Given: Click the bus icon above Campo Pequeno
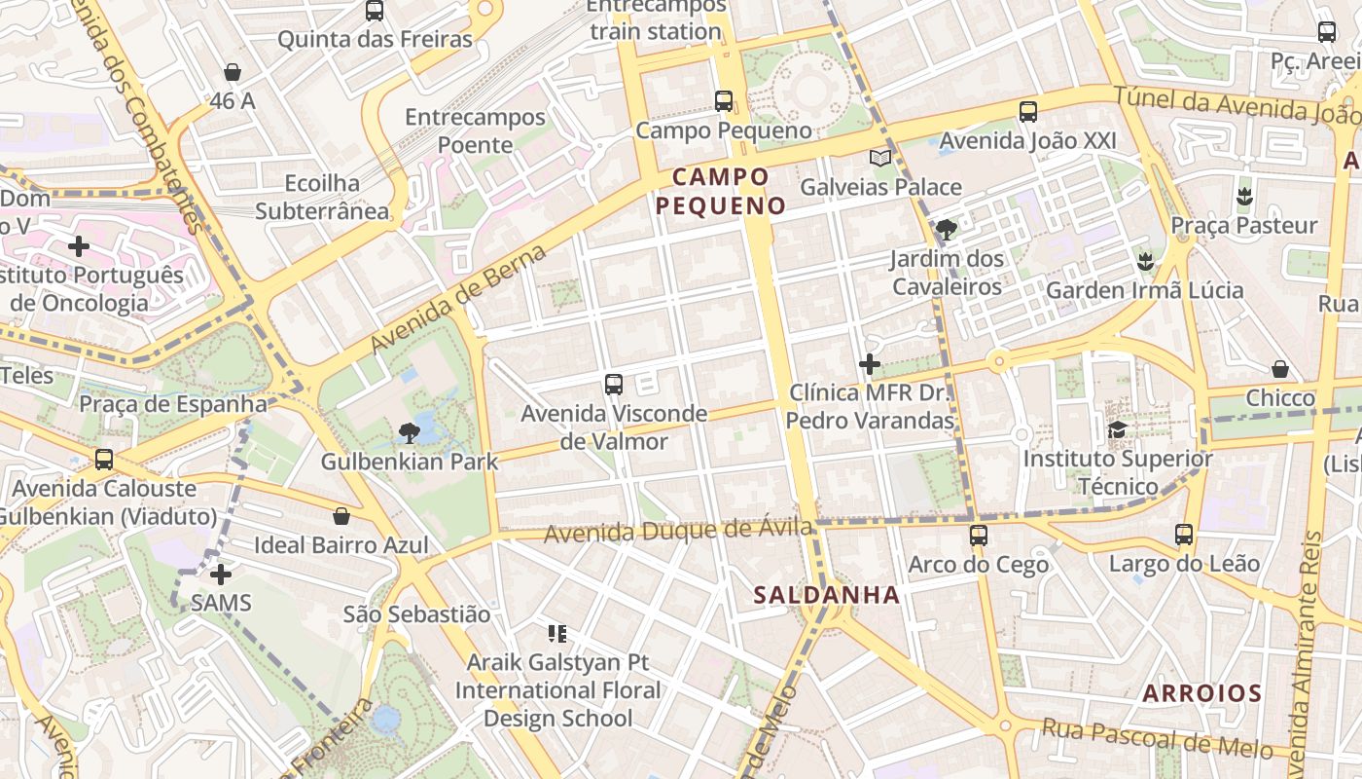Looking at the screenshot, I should pos(723,100).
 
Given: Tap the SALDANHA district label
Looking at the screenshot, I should pos(827,595).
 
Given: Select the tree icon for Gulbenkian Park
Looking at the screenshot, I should pos(410,432).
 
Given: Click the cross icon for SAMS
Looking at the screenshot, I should pos(221,575).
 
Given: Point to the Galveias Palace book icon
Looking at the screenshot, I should pos(879,158).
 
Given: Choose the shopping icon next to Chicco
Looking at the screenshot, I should pos(1280,369).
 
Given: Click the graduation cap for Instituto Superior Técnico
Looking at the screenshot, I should pos(1118,429).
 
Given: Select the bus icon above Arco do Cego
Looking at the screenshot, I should pos(978,536).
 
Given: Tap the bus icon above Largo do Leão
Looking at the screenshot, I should pos(1184,535).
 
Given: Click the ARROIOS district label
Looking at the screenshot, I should pos(1201,693).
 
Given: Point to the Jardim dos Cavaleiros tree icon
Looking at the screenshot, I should pos(946,230).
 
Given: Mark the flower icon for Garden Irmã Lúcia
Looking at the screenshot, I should pos(1145,261).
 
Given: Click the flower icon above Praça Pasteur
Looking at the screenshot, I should pos(1243,197).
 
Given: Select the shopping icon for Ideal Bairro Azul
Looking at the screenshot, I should pos(341,516).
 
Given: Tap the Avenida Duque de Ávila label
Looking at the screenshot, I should pos(678,531).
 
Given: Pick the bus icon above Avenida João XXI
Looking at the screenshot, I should pos(1028,112).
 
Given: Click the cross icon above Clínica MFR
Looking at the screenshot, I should pos(870,364).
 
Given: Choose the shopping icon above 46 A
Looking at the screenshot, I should pos(233,72).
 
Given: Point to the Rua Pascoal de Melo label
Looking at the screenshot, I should pos(1157,738).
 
